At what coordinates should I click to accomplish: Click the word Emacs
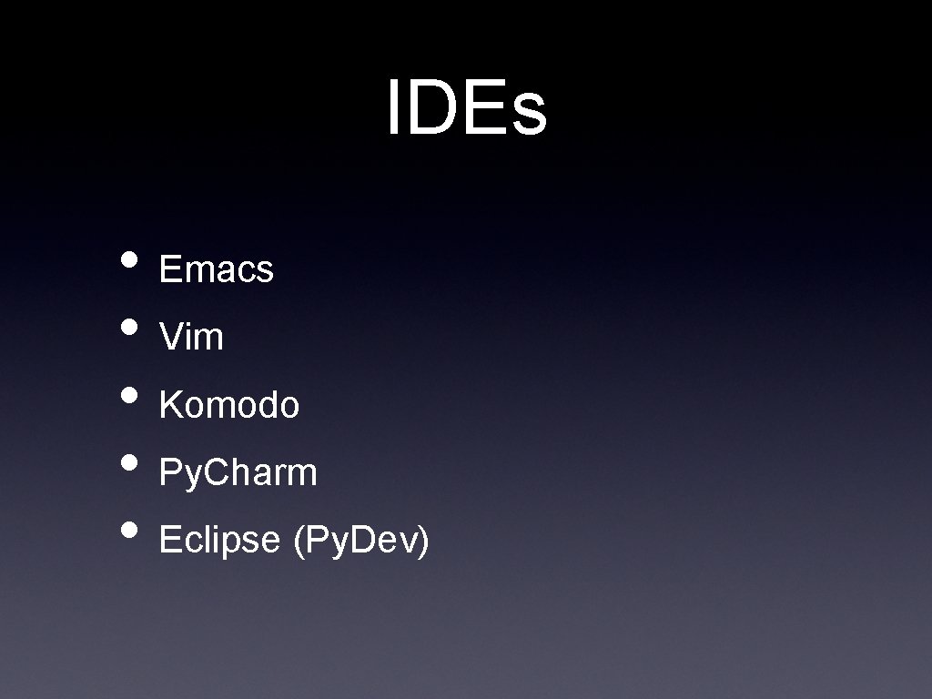(216, 269)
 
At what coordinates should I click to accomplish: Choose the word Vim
(191, 338)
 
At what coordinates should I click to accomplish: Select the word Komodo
(228, 405)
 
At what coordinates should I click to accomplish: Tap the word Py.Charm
(238, 473)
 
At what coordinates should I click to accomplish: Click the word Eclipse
(218, 541)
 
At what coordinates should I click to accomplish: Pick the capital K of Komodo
(169, 405)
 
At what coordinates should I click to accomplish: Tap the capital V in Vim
(169, 338)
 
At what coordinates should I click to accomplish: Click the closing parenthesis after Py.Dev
(422, 542)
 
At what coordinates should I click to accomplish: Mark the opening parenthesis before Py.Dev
(299, 542)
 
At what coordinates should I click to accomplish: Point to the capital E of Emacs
(169, 269)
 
